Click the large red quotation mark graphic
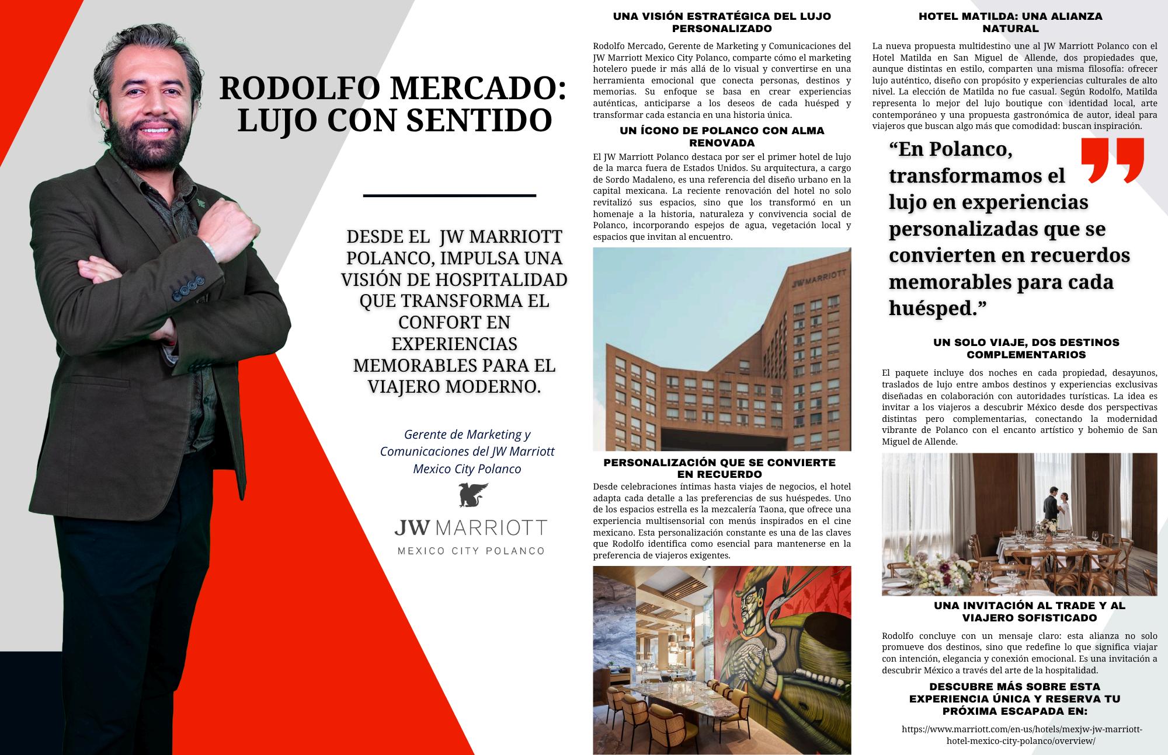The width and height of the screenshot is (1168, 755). click(1112, 160)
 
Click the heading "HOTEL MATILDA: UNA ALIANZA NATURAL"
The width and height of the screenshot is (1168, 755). click(1010, 22)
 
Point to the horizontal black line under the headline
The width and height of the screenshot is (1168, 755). click(449, 195)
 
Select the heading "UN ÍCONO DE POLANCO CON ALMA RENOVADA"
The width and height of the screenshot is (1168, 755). click(722, 137)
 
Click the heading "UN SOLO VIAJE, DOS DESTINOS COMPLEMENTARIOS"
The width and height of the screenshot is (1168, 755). click(1026, 348)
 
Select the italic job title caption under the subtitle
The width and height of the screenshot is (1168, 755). click(467, 452)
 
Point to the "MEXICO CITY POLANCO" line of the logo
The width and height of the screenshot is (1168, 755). click(471, 551)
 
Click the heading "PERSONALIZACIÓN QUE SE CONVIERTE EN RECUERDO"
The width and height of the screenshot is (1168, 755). click(719, 468)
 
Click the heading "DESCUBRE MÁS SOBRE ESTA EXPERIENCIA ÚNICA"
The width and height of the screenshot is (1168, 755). click(1014, 699)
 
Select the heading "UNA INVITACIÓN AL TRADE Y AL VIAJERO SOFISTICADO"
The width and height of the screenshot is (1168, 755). click(1029, 611)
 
